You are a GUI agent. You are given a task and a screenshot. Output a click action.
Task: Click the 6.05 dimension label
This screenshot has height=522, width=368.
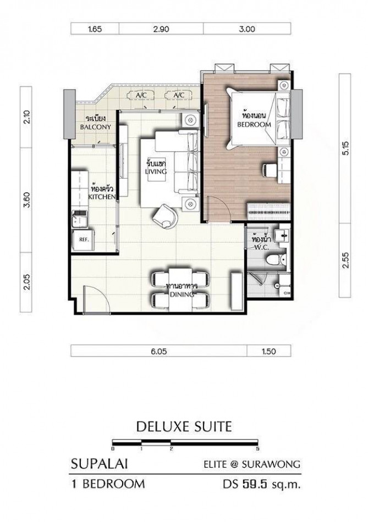coord(159,351)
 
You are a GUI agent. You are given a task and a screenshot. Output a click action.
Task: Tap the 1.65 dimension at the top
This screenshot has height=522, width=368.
coord(95,29)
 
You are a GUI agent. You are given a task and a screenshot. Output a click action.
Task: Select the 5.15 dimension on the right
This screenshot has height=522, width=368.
coord(345,148)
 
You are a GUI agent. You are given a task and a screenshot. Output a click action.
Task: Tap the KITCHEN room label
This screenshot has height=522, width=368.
coord(102,197)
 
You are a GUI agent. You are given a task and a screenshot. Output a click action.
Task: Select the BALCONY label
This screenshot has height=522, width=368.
coord(95,127)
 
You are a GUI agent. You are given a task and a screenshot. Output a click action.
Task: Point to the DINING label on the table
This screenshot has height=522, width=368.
coord(182,295)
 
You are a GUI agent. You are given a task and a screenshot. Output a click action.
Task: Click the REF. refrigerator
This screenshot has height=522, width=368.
coord(83,240)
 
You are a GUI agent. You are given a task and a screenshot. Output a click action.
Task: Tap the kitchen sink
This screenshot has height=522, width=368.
coord(79,219)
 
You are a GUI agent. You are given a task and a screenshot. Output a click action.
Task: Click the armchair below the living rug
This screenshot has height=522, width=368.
coord(165,216)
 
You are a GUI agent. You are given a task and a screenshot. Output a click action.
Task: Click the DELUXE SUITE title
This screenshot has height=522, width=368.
coord(184,426)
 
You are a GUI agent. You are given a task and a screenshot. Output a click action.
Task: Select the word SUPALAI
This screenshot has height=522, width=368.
coord(100,464)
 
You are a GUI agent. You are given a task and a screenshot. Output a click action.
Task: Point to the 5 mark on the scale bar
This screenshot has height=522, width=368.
coord(257,449)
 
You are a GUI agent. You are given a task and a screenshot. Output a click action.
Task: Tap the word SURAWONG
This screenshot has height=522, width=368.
coord(271,464)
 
